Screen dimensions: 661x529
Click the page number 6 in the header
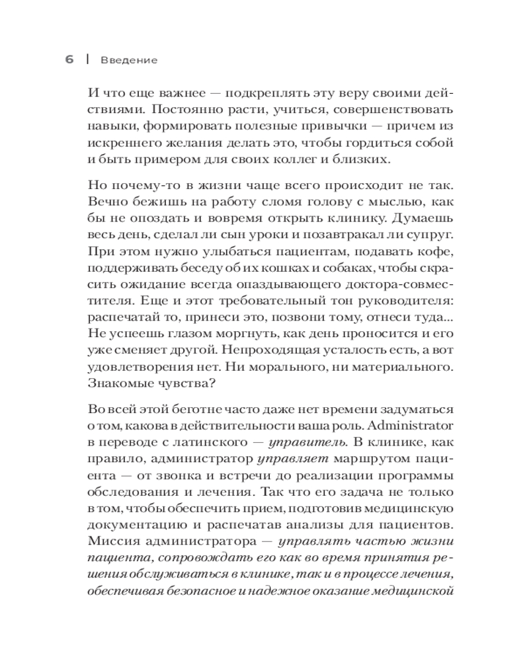tap(69, 59)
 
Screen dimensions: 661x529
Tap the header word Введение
tap(129, 60)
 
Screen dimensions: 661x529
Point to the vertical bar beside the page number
tap(87, 59)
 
